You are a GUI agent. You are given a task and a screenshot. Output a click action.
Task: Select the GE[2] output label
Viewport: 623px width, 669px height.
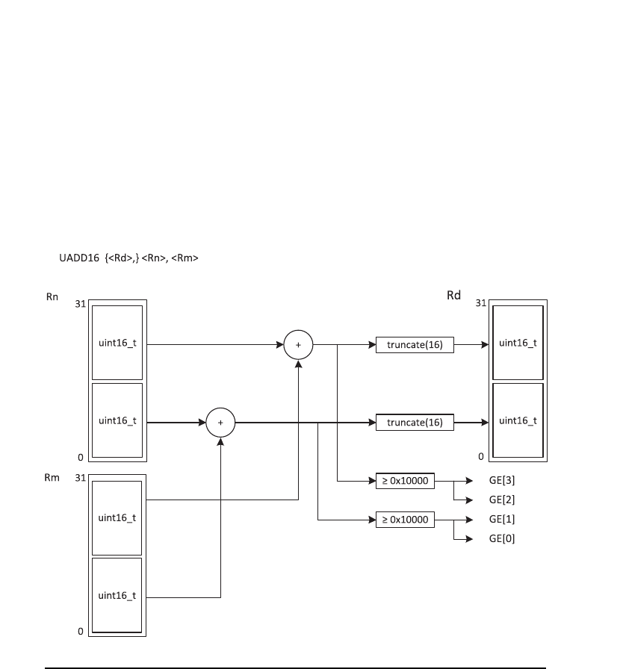coord(501,500)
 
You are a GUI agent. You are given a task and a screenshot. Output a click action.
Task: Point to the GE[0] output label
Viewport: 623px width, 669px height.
coord(501,538)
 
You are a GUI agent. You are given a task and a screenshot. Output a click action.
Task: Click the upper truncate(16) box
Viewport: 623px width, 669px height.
coord(415,345)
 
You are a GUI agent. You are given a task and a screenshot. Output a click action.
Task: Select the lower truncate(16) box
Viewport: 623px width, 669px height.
coord(415,423)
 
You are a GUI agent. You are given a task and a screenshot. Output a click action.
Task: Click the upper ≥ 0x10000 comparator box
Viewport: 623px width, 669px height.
coord(405,481)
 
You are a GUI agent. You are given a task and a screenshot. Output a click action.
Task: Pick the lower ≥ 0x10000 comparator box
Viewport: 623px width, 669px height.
coord(405,520)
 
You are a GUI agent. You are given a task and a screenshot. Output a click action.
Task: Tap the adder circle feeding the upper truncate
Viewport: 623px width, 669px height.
coord(298,345)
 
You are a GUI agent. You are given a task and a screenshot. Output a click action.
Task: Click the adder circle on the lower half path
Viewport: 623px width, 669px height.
coord(220,423)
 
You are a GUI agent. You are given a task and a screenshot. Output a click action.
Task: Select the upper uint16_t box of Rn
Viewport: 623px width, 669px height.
coord(117,343)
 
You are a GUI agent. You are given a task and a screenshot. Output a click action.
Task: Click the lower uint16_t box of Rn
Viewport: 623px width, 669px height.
coord(117,420)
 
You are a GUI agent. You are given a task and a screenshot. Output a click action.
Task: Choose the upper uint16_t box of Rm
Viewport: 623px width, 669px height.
coord(117,517)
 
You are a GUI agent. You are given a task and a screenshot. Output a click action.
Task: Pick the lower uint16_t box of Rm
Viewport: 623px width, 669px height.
coord(117,595)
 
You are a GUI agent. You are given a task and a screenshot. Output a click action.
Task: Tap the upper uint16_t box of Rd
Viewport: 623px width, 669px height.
coord(518,343)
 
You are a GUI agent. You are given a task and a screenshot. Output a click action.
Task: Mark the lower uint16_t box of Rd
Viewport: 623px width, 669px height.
coord(518,420)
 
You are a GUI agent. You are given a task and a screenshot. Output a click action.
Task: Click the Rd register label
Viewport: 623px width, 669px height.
coord(453,296)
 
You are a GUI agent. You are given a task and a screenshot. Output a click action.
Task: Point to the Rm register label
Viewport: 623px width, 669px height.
coord(52,478)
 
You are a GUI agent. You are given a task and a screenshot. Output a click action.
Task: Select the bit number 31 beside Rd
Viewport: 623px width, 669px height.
coord(481,304)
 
